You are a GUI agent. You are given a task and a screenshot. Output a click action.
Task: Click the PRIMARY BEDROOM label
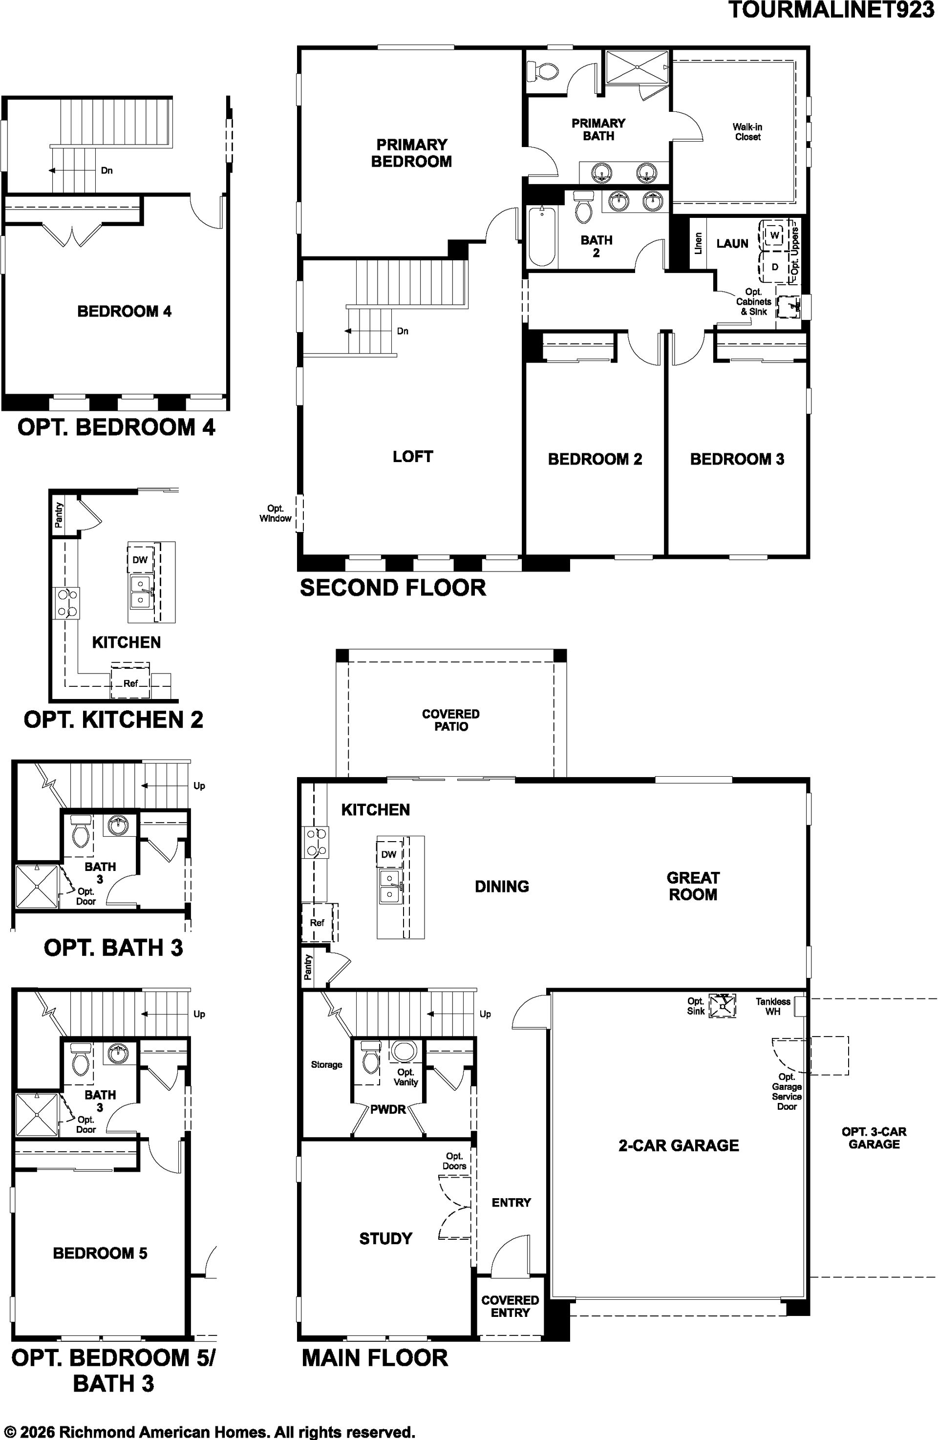tap(411, 153)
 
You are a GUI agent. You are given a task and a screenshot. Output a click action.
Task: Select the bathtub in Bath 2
tap(542, 236)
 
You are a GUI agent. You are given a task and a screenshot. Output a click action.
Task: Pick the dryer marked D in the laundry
tap(774, 267)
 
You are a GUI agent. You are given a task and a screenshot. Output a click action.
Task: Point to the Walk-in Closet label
tap(747, 132)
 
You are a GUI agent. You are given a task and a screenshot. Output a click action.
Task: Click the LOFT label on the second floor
tap(413, 456)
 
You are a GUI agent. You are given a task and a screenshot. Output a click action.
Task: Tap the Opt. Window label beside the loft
tap(276, 513)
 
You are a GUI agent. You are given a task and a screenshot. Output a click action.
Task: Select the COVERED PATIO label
tap(451, 720)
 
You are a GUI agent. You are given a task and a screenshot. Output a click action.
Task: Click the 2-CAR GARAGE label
tap(679, 1145)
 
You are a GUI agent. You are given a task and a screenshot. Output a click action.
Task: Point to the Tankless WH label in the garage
tap(773, 1006)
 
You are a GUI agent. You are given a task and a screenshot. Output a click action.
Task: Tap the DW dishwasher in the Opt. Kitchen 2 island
tap(140, 560)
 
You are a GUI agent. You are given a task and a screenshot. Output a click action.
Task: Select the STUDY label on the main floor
tap(385, 1239)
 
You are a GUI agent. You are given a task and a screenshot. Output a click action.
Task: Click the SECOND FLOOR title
tap(393, 588)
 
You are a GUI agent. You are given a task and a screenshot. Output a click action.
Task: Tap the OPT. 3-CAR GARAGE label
tap(874, 1138)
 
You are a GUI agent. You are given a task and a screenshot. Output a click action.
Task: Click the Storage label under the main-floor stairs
tap(327, 1064)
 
